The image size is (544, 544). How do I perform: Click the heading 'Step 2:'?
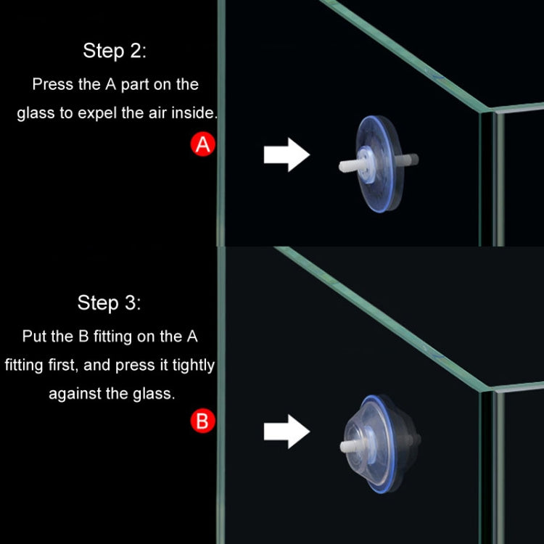point(115,51)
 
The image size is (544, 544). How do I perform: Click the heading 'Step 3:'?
point(110,302)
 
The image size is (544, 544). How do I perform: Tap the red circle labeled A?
point(203,145)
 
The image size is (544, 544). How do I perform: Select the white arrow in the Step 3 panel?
point(287,432)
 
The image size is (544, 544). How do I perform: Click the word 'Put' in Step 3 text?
point(36,337)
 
